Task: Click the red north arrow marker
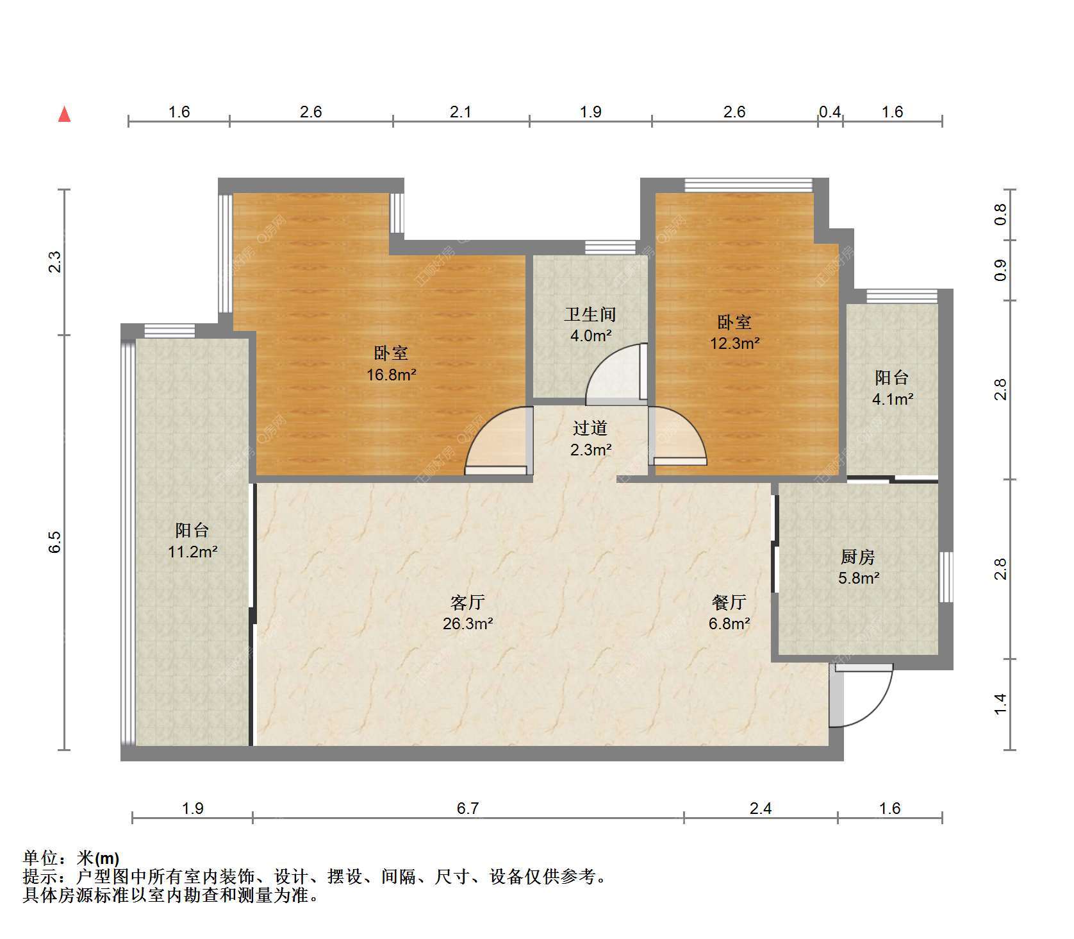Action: pyautogui.click(x=64, y=114)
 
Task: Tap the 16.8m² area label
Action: pyautogui.click(x=392, y=375)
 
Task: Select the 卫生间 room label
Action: pyautogui.click(x=590, y=314)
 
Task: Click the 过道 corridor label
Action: pyautogui.click(x=590, y=428)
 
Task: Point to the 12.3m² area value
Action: pyautogui.click(x=734, y=343)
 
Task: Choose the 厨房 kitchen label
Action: pyautogui.click(x=858, y=556)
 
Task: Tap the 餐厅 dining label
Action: pyautogui.click(x=729, y=602)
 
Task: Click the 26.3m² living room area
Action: pyautogui.click(x=468, y=623)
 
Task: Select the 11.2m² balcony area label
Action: pyautogui.click(x=193, y=552)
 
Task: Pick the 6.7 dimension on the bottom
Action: pyautogui.click(x=468, y=808)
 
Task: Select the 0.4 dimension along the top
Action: pyautogui.click(x=830, y=112)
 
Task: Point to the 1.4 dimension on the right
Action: pyautogui.click(x=1000, y=704)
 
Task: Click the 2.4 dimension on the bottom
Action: pyautogui.click(x=761, y=808)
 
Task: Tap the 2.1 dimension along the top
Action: pyautogui.click(x=461, y=112)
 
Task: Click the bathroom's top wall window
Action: pyautogui.click(x=610, y=247)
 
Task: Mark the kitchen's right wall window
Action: pyautogui.click(x=946, y=577)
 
